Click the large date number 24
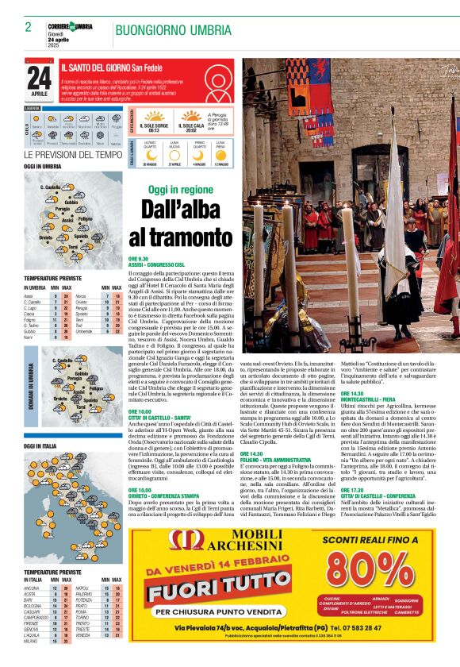(x=39, y=78)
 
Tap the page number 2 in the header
(x=28, y=27)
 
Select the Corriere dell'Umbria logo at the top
(x=71, y=27)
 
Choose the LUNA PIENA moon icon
(x=221, y=154)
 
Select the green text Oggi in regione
(x=181, y=190)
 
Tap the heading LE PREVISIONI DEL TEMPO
(x=73, y=154)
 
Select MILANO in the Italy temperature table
(x=33, y=652)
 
